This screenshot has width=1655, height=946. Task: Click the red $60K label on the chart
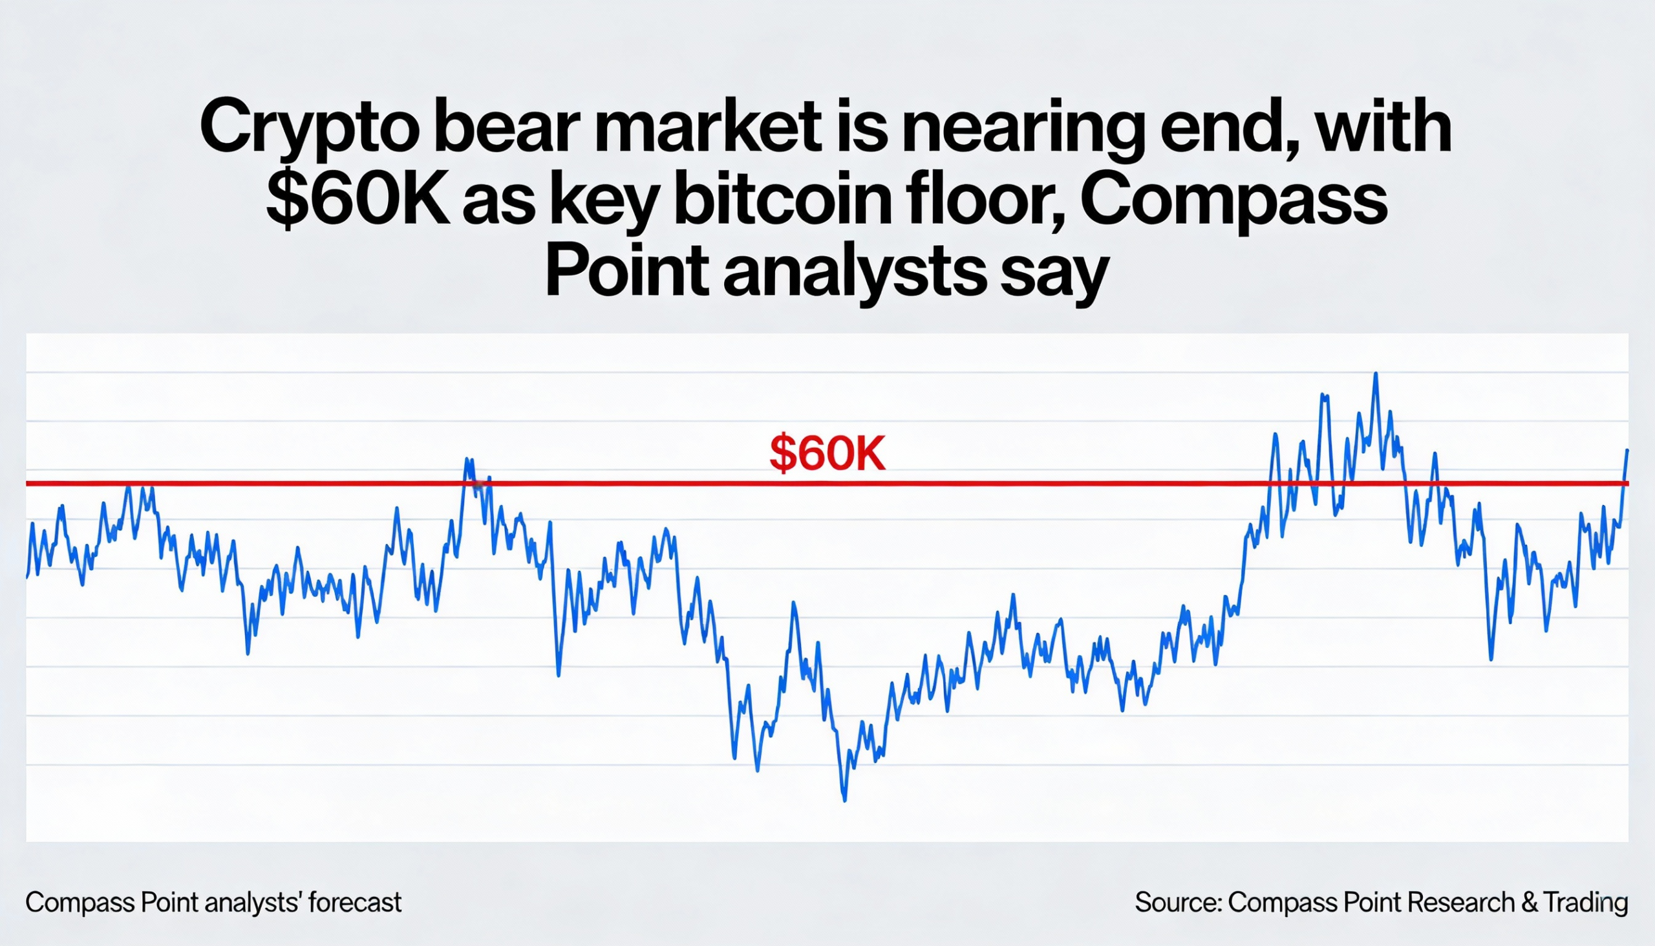tap(827, 453)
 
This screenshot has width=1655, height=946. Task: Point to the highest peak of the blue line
tap(1375, 374)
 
